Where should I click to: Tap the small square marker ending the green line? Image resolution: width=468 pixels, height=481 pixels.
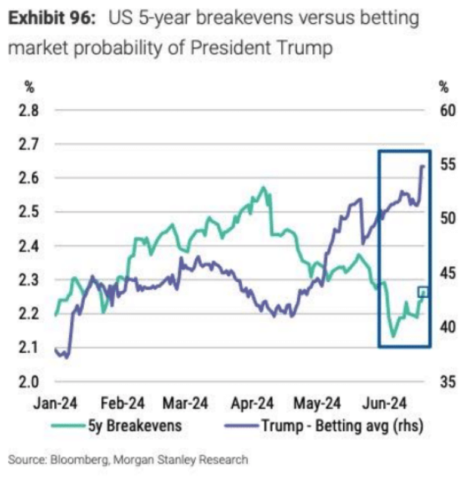tap(423, 292)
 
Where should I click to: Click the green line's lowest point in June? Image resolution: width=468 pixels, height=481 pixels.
tap(393, 337)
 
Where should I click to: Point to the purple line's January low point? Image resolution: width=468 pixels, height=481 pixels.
tap(66, 357)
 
